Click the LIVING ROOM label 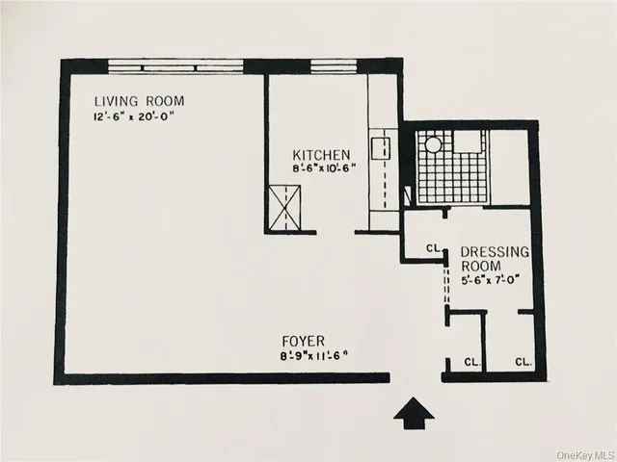(139, 101)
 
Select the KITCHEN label (323, 154)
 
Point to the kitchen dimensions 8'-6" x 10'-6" (325, 167)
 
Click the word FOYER (302, 341)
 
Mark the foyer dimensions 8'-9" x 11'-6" (308, 355)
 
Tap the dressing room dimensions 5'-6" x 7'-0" (494, 281)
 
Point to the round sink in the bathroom (433, 144)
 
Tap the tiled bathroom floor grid (453, 173)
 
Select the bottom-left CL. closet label (471, 363)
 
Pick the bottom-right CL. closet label (523, 363)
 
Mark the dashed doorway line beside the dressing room (445, 283)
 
